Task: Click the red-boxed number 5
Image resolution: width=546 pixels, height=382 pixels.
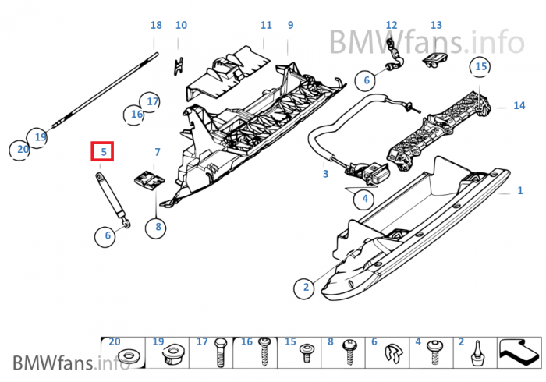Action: pos(102,152)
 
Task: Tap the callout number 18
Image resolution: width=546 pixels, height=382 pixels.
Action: pos(156,26)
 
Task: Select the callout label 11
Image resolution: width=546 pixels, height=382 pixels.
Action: pos(266,26)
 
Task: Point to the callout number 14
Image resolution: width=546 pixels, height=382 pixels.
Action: pos(519,105)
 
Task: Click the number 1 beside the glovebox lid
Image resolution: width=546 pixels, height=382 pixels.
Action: pos(521,190)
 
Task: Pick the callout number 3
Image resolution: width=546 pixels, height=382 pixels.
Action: pos(326,174)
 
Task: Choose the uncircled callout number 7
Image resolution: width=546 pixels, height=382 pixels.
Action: pos(157,152)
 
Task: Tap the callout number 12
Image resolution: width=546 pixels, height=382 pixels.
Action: pos(392,26)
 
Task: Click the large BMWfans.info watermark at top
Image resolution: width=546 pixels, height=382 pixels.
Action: pos(426,38)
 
